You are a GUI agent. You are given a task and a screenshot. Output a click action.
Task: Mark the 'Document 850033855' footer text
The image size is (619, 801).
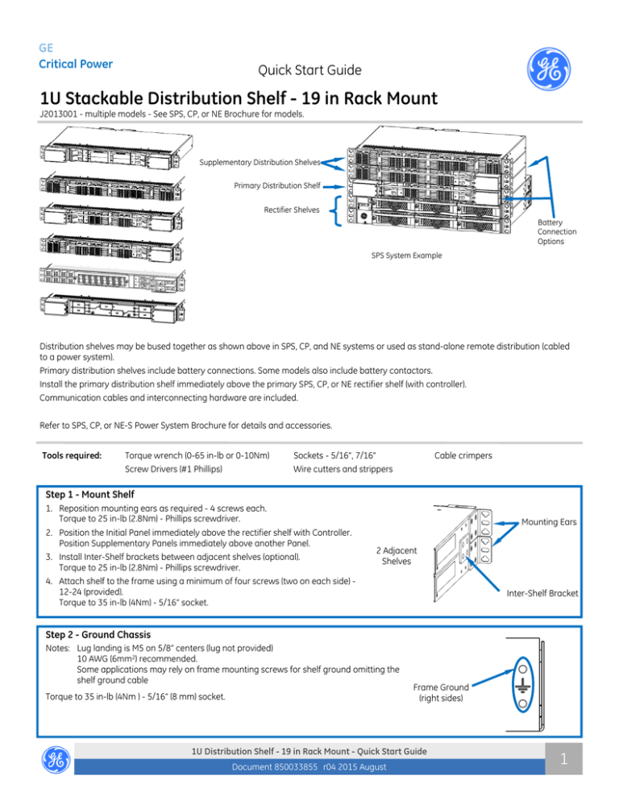pyautogui.click(x=279, y=771)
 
